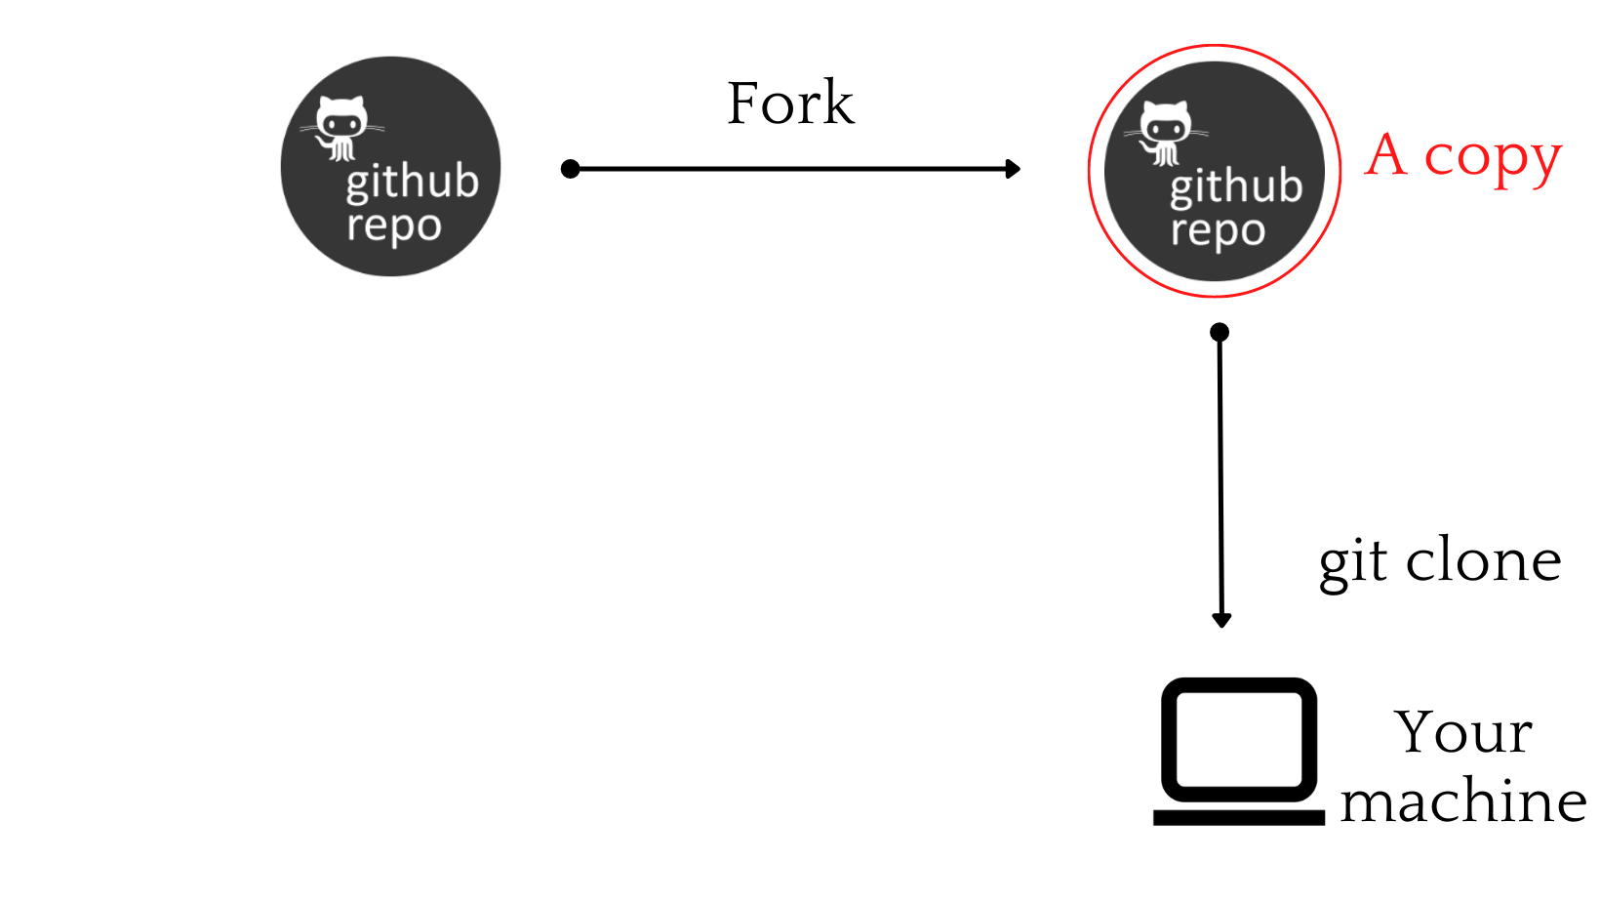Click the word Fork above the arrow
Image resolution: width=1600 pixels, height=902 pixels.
tap(790, 103)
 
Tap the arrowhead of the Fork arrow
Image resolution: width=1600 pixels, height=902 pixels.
tap(1014, 169)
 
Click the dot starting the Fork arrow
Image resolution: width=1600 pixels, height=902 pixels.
tap(571, 169)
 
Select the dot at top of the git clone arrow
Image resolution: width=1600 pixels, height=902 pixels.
tap(1220, 333)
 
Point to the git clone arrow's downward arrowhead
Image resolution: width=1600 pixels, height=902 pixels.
tap(1221, 620)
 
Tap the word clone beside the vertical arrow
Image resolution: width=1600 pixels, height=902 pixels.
tap(1483, 560)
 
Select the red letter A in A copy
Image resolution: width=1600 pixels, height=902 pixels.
tap(1386, 156)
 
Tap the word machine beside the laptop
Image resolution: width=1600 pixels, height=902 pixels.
tap(1463, 802)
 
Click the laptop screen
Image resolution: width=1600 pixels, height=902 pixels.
tap(1239, 739)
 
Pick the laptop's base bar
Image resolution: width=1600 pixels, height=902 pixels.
tap(1239, 817)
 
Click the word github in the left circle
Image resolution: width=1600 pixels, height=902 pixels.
tap(412, 183)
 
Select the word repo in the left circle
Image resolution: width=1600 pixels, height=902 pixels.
tap(394, 227)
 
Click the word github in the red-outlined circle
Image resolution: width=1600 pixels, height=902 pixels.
tap(1236, 187)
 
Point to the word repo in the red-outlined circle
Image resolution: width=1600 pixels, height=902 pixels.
tap(1218, 232)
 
